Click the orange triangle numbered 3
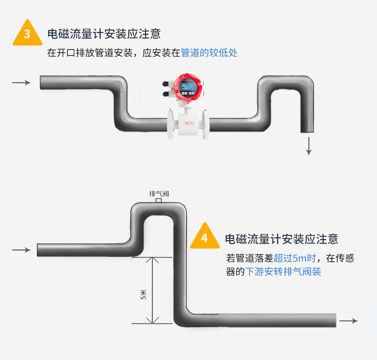click(x=27, y=33)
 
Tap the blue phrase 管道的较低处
click(x=209, y=53)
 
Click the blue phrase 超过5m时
click(x=295, y=259)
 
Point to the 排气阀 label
click(x=159, y=194)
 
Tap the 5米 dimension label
click(x=143, y=295)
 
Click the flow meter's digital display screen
click(x=189, y=88)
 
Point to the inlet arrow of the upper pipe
click(x=21, y=83)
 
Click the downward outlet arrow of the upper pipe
click(x=309, y=146)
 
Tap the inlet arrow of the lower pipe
click(x=21, y=250)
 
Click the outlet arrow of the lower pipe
click(x=348, y=321)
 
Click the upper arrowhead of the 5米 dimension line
click(x=153, y=261)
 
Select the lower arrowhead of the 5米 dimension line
click(x=153, y=320)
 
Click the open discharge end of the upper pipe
click(x=307, y=131)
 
